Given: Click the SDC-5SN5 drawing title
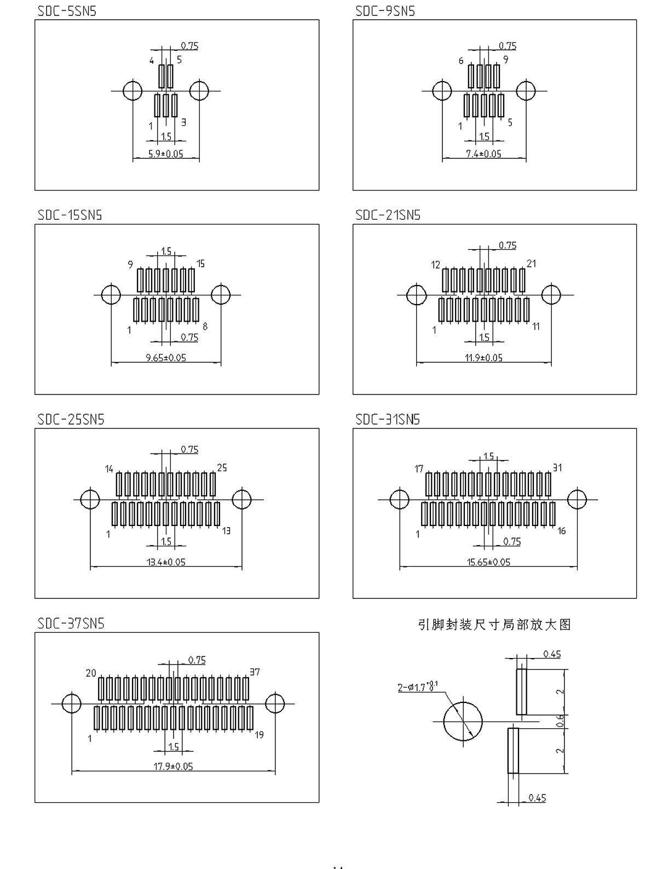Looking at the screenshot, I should point(67,11).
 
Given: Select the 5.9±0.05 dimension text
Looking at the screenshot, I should point(166,154).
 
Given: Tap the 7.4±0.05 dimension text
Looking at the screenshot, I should point(483,154).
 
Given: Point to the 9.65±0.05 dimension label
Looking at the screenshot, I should point(166,358).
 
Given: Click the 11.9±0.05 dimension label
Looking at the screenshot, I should point(483,358).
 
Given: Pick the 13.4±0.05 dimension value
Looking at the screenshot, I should point(166,562).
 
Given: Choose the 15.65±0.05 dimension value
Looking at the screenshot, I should point(488,562).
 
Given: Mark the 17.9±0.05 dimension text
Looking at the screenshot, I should point(173,766).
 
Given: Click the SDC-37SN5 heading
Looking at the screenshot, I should point(71,624).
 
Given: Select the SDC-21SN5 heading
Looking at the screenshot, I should point(388,215).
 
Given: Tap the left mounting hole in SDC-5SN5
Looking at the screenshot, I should point(132,90).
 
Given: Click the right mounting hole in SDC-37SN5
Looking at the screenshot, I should point(275,704).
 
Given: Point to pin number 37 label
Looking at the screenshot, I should point(255,672).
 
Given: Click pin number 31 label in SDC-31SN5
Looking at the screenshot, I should point(557,467).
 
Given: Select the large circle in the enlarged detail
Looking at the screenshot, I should point(463,722).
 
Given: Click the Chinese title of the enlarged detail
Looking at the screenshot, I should point(494,625).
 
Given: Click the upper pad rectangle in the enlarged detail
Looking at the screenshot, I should point(521,691).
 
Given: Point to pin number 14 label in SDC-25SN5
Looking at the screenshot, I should point(109,469).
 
